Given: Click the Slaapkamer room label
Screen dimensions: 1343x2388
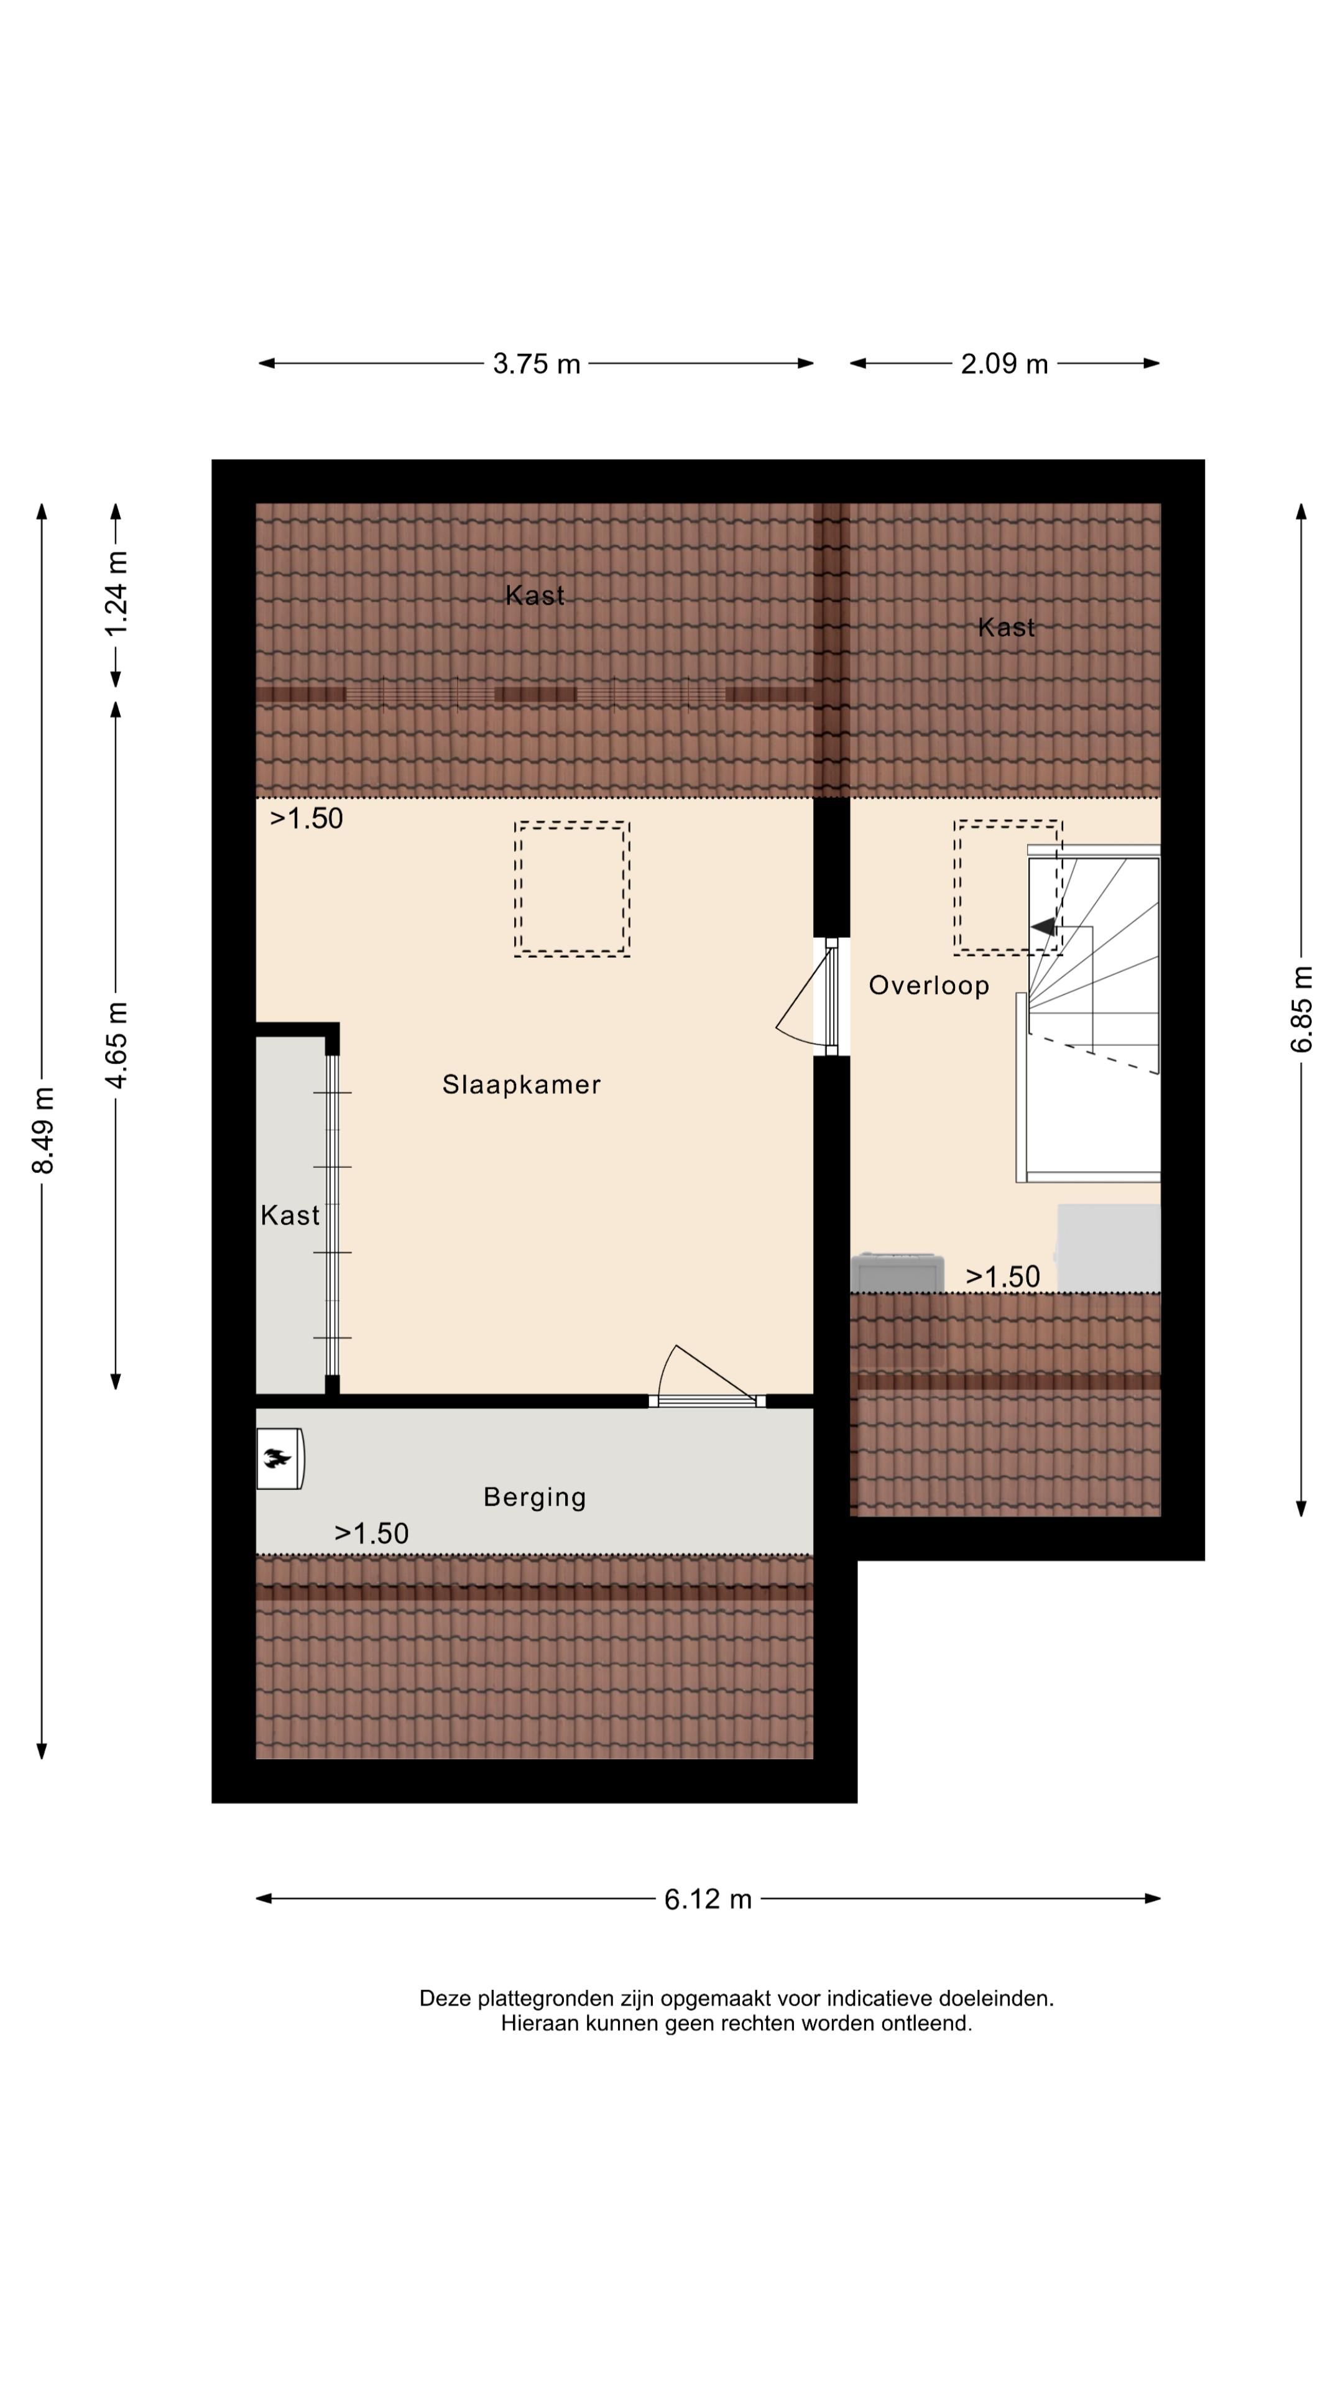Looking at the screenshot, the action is click(x=521, y=1084).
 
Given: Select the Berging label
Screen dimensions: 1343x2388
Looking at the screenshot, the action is click(x=535, y=1497).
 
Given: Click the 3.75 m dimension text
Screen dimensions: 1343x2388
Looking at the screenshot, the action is click(x=537, y=363).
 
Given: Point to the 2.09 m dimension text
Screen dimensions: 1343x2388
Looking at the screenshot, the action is click(x=1004, y=363).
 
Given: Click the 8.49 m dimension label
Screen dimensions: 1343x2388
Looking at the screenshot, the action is click(x=43, y=1129).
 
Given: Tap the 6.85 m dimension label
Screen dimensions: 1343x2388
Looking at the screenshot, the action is click(x=1302, y=1009).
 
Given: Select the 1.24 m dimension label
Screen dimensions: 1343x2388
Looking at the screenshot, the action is click(x=117, y=593).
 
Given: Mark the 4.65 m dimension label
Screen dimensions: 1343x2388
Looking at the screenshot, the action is click(x=117, y=1045).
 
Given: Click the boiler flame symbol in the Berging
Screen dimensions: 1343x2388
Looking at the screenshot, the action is click(x=277, y=1459).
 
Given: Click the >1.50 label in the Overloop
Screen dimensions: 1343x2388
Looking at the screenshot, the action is click(x=1003, y=1277).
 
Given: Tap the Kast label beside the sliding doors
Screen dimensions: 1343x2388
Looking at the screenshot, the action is click(x=290, y=1215).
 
